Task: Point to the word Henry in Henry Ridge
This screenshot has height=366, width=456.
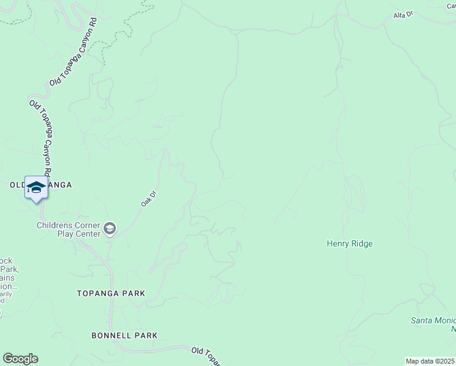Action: pos(339,243)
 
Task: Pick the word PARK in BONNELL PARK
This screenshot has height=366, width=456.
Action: pos(148,335)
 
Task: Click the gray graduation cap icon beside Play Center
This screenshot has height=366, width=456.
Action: pos(110,229)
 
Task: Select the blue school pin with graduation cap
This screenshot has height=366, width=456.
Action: pos(36,187)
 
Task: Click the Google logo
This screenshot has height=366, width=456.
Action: pos(20,359)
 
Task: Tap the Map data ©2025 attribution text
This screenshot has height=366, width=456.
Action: pos(430,361)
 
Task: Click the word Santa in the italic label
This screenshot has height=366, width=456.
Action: pos(422,320)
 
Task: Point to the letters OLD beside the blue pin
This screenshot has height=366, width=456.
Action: pos(17,185)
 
